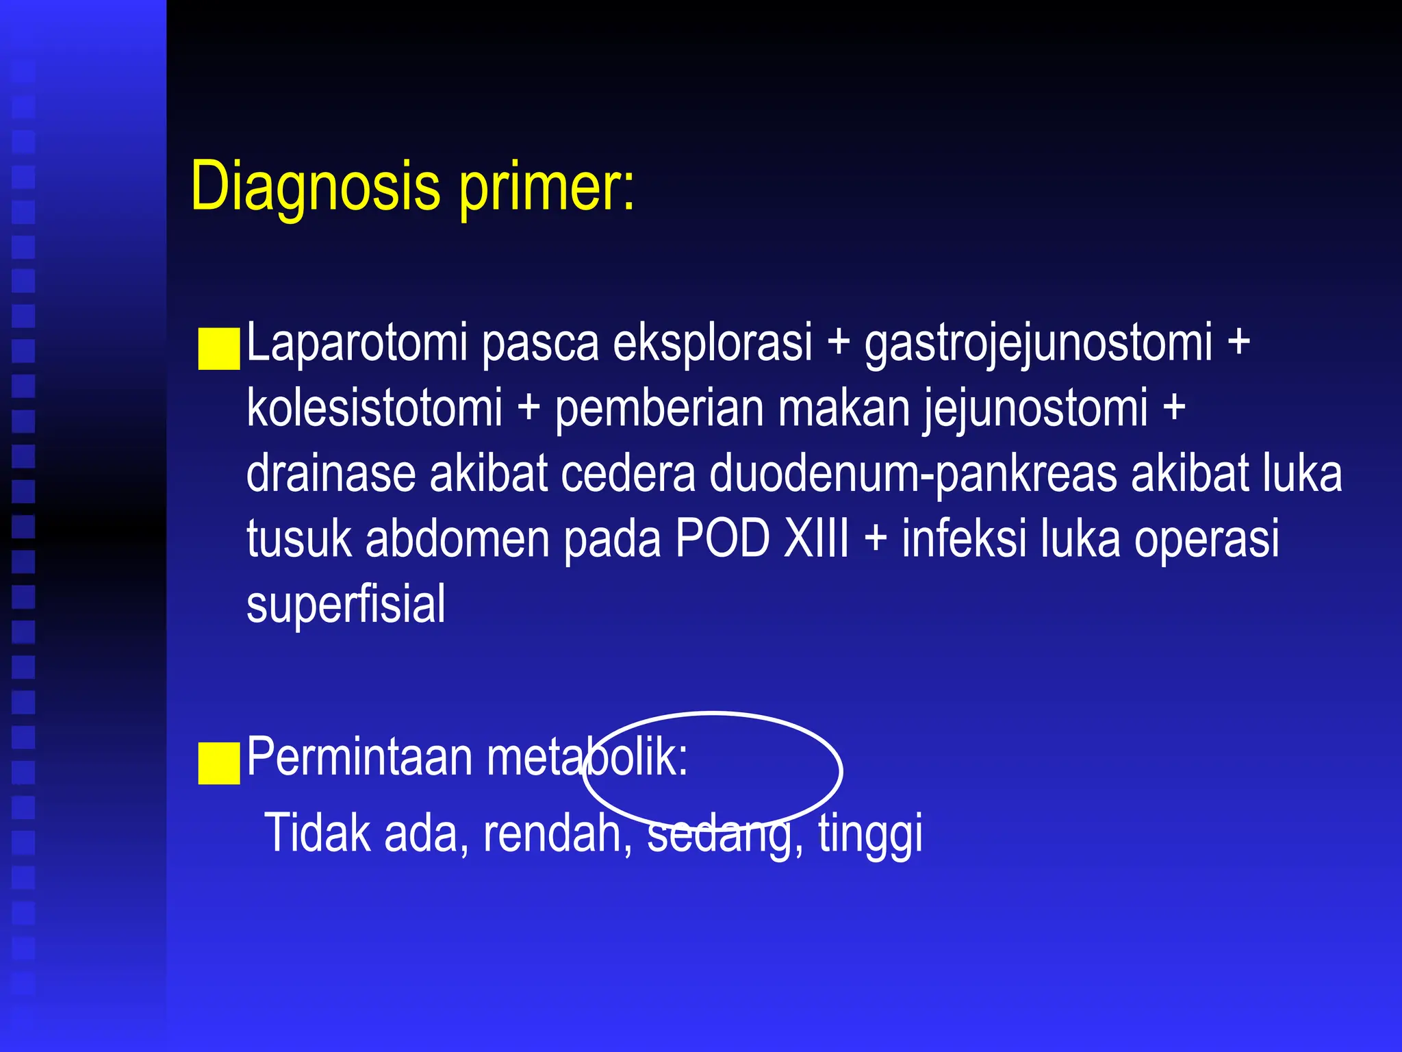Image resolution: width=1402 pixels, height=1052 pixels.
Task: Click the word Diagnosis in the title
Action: coord(316,187)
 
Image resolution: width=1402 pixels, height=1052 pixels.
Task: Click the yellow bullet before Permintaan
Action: coord(218,763)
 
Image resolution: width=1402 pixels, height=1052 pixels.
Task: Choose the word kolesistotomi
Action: coord(374,408)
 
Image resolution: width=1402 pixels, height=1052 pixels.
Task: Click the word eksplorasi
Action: coord(712,342)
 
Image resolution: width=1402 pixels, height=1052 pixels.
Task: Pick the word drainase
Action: coord(330,474)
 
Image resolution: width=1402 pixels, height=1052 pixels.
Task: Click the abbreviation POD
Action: coord(722,538)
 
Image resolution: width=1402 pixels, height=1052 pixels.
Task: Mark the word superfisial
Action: coord(346,603)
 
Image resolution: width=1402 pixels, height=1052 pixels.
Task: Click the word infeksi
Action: coord(964,538)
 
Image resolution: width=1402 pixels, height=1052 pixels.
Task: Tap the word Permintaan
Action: coord(359,757)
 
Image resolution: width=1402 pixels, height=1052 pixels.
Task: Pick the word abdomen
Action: coord(457,538)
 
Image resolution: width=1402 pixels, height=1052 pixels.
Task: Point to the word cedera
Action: coord(628,474)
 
